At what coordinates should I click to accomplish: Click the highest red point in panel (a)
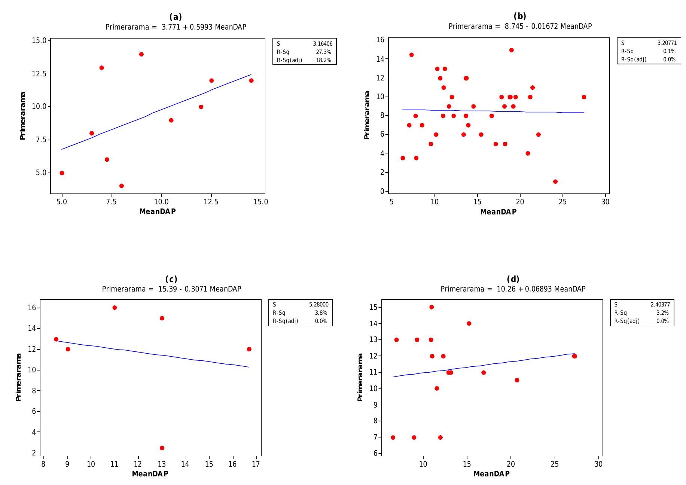[x=141, y=54]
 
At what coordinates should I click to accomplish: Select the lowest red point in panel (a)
[x=122, y=186]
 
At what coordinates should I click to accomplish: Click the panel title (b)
[x=520, y=16]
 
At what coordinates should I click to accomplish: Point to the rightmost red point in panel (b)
[x=584, y=97]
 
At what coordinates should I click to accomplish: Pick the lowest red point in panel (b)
[x=555, y=182]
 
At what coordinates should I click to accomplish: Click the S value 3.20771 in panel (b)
[x=667, y=43]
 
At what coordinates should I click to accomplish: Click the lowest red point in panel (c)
[x=162, y=448]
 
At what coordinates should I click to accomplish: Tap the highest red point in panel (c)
[x=115, y=308]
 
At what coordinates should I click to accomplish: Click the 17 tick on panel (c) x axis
[x=256, y=464]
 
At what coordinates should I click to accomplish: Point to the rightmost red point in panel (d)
[x=574, y=356]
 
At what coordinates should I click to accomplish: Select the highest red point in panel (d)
[x=432, y=307]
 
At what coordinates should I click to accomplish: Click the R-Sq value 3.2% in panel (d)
[x=662, y=313]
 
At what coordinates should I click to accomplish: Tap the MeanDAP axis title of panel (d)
[x=491, y=474]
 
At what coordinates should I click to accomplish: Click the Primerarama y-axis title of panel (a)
[x=22, y=116]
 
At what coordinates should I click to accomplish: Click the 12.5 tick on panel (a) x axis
[x=211, y=202]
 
